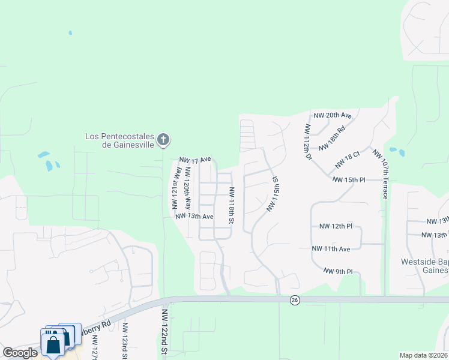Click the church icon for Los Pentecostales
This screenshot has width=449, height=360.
coord(163,140)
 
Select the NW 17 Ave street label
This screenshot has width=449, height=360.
coord(195,160)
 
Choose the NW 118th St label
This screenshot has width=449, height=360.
coord(231,205)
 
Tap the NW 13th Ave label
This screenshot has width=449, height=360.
coord(194,216)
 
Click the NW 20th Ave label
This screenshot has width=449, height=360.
coord(332,115)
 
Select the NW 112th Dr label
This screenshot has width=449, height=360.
coord(309,142)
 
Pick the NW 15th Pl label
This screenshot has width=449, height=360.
coord(349,179)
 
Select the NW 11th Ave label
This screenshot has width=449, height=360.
coord(331,248)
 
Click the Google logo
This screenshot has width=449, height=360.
coord(20,353)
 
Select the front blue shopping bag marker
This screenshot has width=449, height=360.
coord(53,344)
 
